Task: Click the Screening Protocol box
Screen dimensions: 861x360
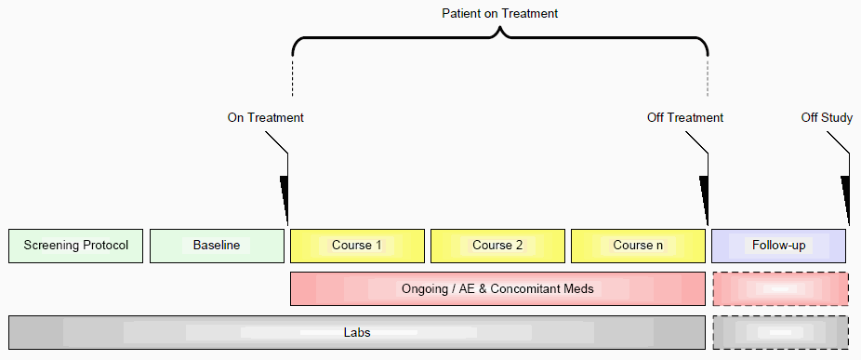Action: point(75,246)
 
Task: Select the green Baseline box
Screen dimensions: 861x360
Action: point(217,246)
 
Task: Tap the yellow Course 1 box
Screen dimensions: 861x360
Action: point(357,246)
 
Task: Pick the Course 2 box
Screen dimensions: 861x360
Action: point(497,246)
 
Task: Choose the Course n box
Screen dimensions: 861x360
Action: point(638,246)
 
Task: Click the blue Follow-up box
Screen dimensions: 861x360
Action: point(778,246)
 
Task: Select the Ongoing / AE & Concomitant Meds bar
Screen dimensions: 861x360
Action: point(497,288)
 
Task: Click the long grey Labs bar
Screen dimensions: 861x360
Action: point(357,332)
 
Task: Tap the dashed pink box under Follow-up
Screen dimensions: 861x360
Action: point(780,288)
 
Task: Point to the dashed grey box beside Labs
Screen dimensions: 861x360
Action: point(780,332)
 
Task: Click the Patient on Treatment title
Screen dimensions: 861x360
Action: point(499,14)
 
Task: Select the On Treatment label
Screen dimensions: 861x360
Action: point(265,117)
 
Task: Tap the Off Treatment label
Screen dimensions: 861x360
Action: point(685,117)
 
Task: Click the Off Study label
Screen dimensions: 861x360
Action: point(827,117)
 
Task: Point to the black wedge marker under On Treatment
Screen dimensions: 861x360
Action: point(285,200)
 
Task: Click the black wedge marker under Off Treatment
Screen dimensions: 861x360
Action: point(705,200)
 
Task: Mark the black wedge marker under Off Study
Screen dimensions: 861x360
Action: point(846,200)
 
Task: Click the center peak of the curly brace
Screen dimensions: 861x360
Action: point(499,30)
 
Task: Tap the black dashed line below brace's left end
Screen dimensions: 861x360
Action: point(293,77)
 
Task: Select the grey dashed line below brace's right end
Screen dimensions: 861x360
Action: point(708,77)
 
